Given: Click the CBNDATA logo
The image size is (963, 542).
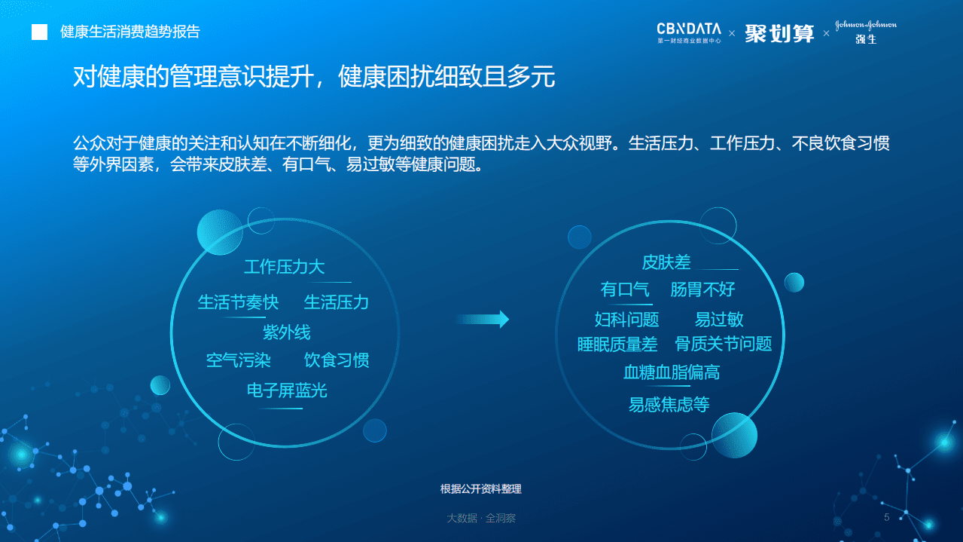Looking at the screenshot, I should pos(688,32).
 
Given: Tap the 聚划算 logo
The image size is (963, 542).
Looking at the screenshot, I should pos(779,32).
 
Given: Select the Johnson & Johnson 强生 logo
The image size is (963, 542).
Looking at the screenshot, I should pos(866,32).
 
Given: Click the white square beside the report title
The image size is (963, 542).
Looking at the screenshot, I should pos(39,32).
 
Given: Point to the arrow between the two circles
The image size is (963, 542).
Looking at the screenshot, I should pos(483,320).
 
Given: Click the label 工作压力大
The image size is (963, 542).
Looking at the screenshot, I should pos(284,267).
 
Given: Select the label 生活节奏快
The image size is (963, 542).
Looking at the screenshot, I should pos(238,302).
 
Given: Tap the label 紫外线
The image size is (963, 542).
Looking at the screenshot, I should pos(286,332).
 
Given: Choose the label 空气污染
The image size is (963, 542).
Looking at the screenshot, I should pos(238,360).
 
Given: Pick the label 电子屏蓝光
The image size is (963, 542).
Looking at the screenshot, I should pos(287,390).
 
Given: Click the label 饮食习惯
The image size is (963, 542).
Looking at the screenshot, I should pos(337,360).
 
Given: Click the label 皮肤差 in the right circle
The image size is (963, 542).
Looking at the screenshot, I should pos(666,262).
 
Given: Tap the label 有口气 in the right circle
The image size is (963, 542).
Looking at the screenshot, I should pos(625,289).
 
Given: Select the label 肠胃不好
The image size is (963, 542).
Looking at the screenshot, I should pos(702,289).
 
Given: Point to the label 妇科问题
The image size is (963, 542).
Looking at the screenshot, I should pos(626,320).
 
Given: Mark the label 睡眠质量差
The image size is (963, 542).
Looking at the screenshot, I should pos(617,344).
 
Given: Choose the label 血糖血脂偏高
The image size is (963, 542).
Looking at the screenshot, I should pos(672,372).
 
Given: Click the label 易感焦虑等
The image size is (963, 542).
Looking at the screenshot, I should pos(669,405).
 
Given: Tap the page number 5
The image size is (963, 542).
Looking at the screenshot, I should pos(886,517).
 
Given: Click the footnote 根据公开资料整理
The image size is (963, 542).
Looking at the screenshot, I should pos(480,489).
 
